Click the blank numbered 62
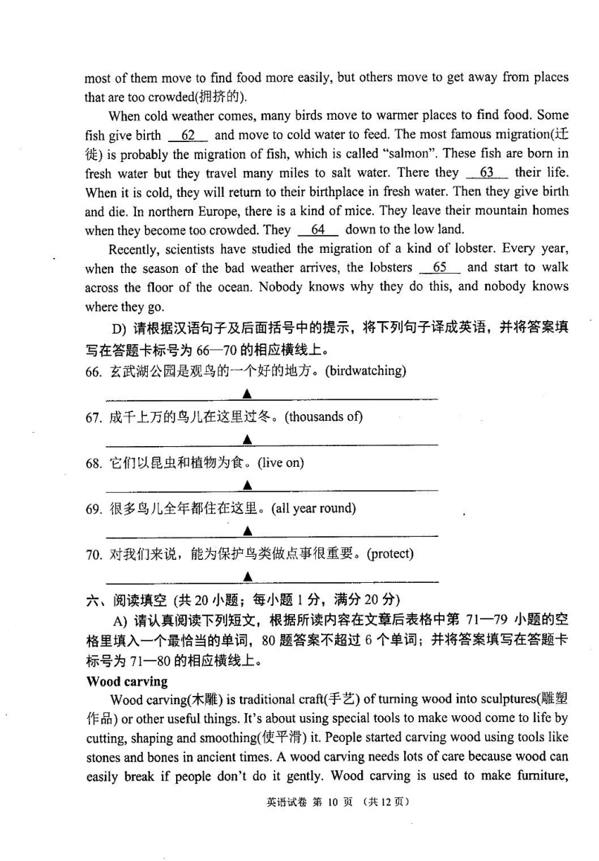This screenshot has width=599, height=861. [188, 135]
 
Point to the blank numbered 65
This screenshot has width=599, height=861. [439, 268]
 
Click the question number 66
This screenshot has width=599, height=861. [93, 371]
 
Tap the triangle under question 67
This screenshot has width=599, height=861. [247, 439]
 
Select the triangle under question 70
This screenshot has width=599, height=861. [247, 577]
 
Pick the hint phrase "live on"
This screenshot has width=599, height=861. [281, 462]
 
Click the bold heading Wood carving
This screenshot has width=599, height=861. [127, 681]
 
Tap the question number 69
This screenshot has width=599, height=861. [93, 509]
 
